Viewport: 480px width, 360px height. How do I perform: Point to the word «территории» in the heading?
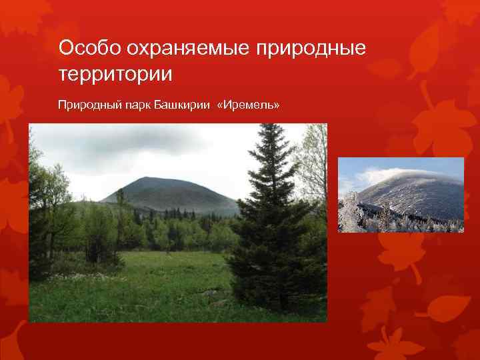coord(115,73)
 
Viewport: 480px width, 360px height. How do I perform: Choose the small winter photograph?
coord(401,195)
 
